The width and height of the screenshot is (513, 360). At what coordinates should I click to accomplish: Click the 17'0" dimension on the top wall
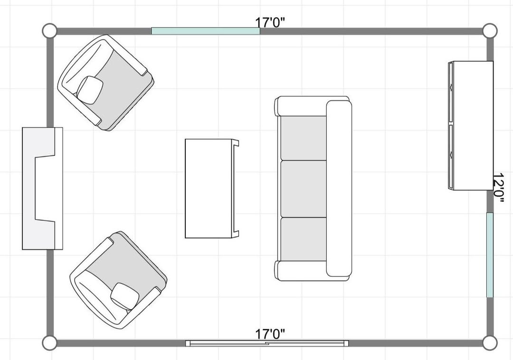tap(270, 23)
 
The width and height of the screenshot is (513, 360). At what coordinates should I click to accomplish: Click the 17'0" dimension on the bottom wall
tap(270, 334)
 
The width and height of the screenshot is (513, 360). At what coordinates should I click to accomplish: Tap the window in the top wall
tap(206, 31)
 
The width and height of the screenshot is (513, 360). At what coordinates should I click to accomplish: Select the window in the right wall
tap(490, 255)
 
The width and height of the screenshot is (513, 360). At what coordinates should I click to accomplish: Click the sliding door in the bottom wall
tap(267, 343)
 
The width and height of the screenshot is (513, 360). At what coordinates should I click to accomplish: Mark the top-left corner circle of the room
tap(49, 31)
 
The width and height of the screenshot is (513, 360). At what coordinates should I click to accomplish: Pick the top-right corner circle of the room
tap(490, 31)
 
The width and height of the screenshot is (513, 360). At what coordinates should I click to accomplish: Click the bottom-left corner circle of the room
tap(49, 343)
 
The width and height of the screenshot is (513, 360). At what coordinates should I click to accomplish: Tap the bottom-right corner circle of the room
tap(490, 343)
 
